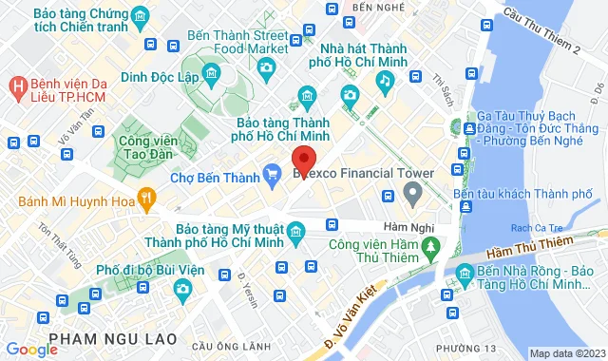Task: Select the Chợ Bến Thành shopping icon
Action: tap(273, 173)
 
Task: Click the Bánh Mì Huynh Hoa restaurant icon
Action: tap(145, 199)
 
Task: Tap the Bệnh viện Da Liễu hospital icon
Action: tap(16, 85)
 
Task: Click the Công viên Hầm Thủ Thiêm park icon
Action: tap(431, 246)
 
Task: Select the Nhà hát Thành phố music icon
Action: tap(383, 83)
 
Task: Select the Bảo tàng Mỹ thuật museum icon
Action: tap(296, 231)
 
